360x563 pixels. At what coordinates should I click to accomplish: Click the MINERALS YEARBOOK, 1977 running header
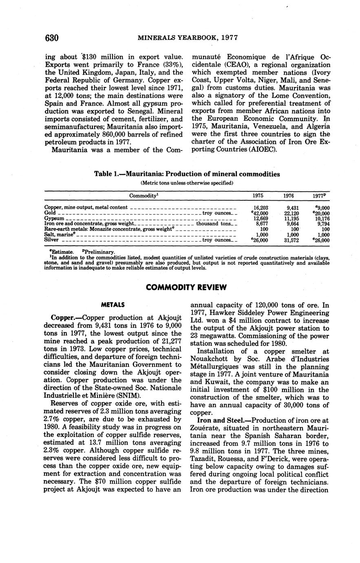click(x=188, y=38)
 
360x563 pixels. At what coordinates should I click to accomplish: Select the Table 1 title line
click(x=187, y=174)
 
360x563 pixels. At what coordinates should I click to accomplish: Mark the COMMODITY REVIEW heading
click(x=186, y=287)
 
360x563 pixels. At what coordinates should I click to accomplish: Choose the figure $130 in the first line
click(x=91, y=57)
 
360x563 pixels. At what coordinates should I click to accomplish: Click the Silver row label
click(x=51, y=240)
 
